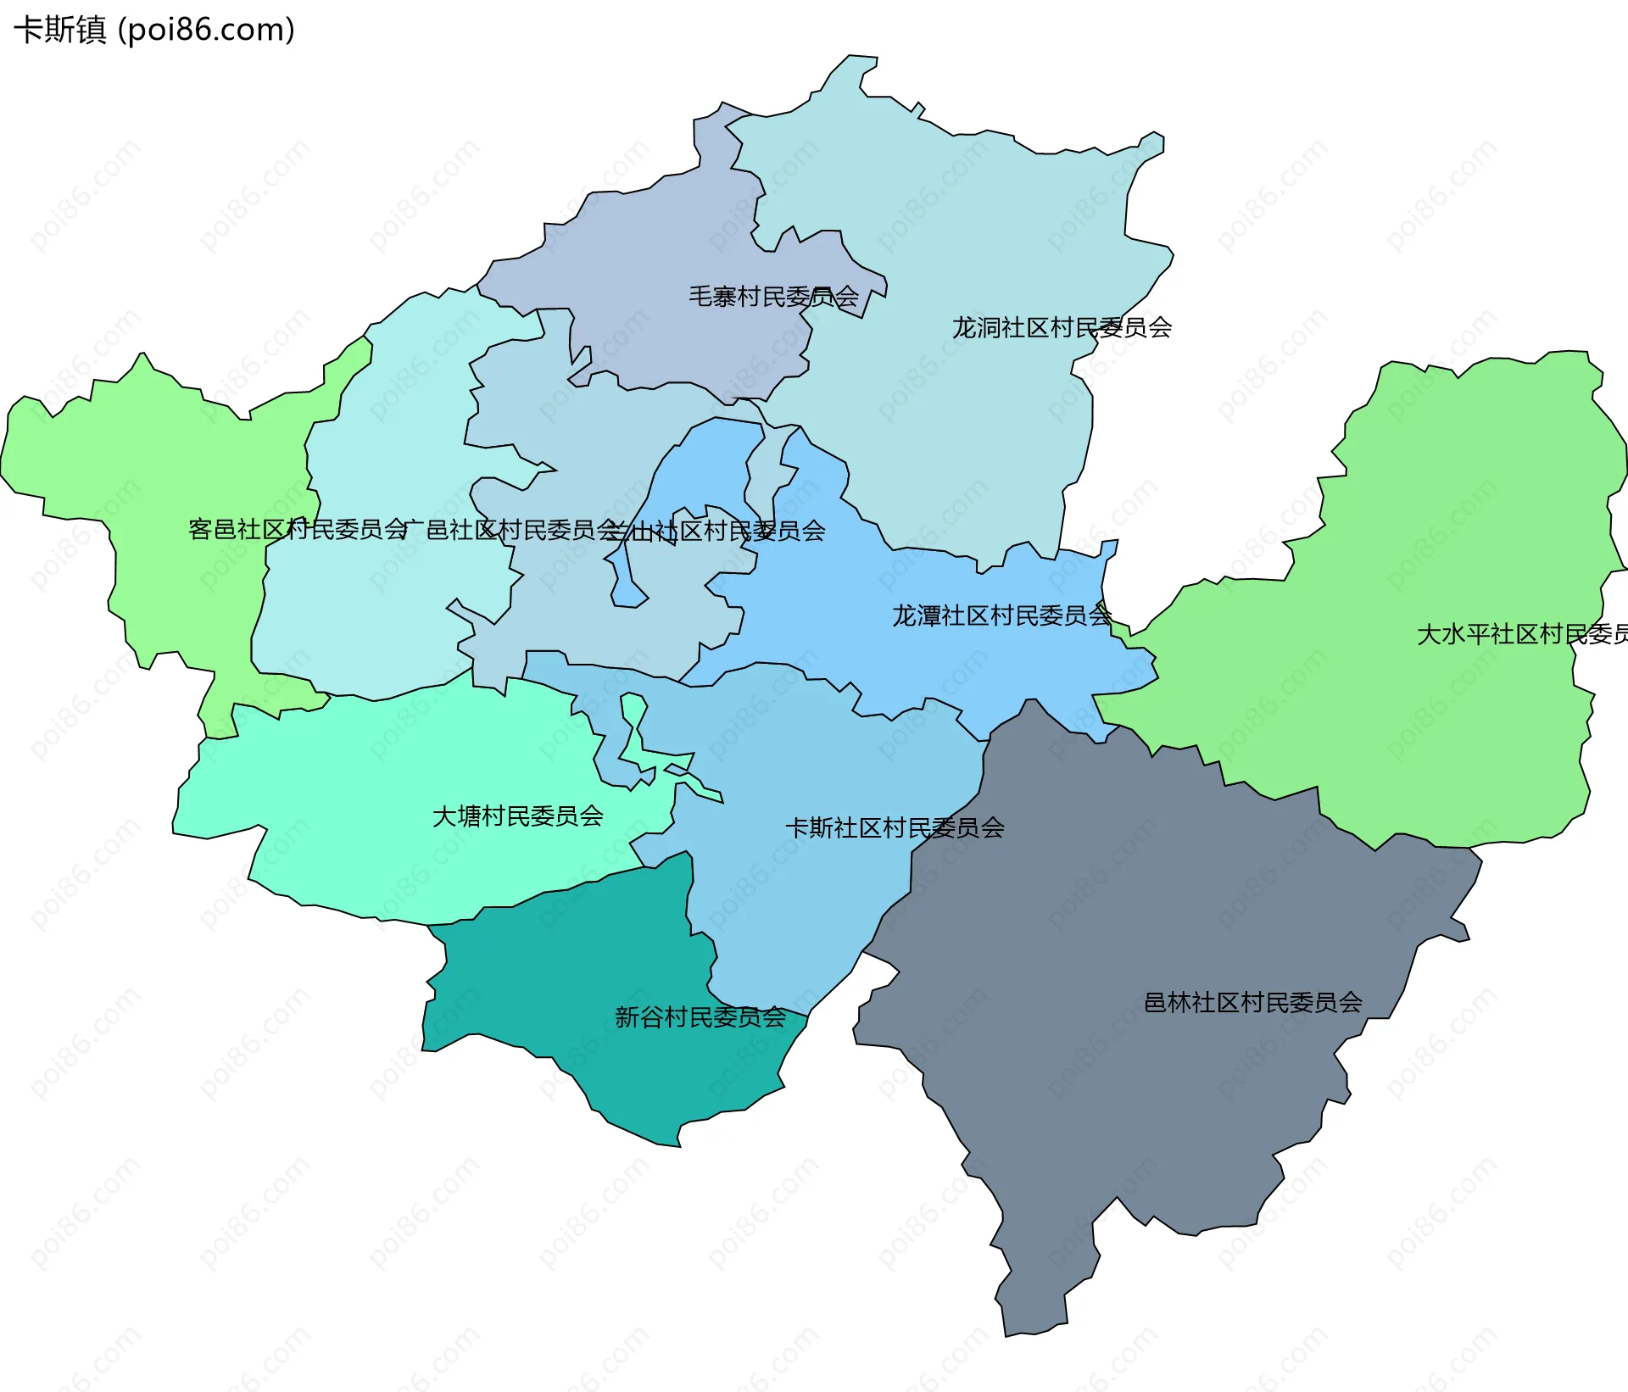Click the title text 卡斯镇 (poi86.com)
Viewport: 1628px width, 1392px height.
pyautogui.click(x=154, y=30)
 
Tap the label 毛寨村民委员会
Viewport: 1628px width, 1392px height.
pyautogui.click(x=773, y=297)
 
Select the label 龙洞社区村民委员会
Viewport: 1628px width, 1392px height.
pyautogui.click(x=1062, y=327)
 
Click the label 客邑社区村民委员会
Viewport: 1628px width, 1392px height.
pyautogui.click(x=298, y=530)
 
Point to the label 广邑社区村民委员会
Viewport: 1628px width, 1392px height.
pyautogui.click(x=512, y=531)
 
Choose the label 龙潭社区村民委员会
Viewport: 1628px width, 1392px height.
pyautogui.click(x=1001, y=615)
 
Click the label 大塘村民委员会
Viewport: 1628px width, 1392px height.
pyautogui.click(x=518, y=816)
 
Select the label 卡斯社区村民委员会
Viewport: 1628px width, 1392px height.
pyautogui.click(x=895, y=827)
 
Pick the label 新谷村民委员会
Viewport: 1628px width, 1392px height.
pyautogui.click(x=700, y=1017)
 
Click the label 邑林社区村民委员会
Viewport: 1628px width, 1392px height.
pyautogui.click(x=1253, y=1003)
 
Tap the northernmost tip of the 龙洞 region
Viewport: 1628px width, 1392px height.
pyautogui.click(x=850, y=56)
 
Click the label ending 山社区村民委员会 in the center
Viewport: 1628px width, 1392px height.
pyautogui.click(x=728, y=532)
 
